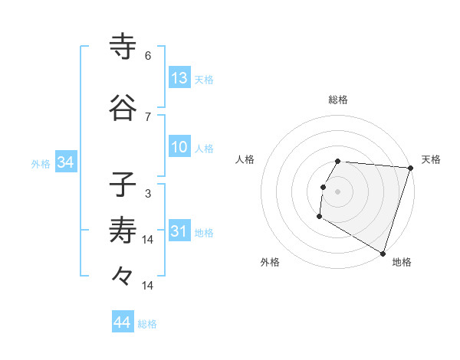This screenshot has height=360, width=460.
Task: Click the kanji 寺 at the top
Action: point(122,47)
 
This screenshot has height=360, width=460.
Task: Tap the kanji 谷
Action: point(122,108)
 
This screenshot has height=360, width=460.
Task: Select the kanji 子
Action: point(122,185)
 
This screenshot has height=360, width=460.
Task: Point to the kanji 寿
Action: point(122,231)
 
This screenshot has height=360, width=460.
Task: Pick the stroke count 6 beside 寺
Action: point(148,56)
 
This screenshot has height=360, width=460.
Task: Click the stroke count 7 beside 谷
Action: point(148,116)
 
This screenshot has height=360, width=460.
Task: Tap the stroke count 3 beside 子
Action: point(148,193)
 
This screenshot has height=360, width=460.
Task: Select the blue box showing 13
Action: point(179,78)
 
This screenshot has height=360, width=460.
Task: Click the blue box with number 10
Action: point(179,147)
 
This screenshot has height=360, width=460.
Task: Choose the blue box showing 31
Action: point(179,231)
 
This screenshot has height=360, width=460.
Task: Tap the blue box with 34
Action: point(65,162)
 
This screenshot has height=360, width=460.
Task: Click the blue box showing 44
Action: point(123,322)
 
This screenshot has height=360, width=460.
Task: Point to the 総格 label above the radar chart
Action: point(338,100)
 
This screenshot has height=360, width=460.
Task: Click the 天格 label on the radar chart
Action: point(431,159)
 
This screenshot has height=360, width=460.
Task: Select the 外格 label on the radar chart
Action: point(270,262)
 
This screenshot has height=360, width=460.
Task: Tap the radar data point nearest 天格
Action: point(410,168)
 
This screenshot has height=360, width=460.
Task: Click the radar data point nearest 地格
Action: point(383,253)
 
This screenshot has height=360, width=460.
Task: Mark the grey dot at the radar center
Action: point(337,191)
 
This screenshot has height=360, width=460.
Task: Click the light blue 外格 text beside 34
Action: point(41,163)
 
